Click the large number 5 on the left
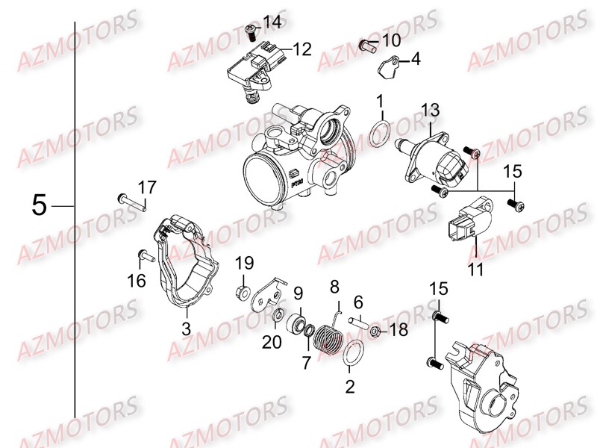pos(40,205)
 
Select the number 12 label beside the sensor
pos(301,50)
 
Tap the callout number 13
pos(430,111)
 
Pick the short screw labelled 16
pos(145,256)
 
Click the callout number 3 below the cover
pos(187,328)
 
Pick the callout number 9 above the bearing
pos(298,292)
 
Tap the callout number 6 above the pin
pos(358,301)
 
